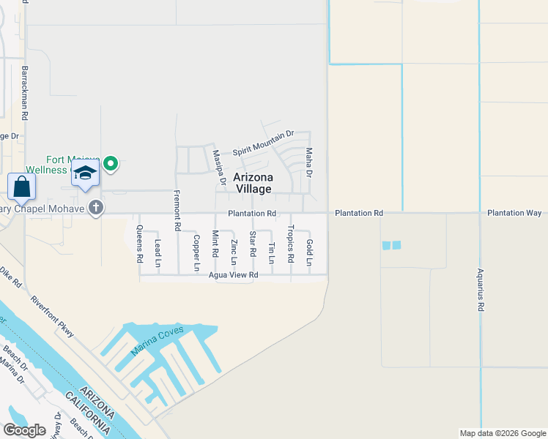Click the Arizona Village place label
tap(253, 183)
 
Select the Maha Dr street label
tap(309, 162)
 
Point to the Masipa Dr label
tap(217, 168)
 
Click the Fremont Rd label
tap(177, 211)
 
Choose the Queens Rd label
tap(139, 244)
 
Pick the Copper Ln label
tap(196, 252)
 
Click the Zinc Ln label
tap(234, 252)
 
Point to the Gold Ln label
tap(310, 252)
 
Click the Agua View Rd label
tap(234, 275)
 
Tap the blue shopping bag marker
tap(22, 187)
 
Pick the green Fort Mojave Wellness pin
tap(111, 163)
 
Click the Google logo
tap(25, 429)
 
